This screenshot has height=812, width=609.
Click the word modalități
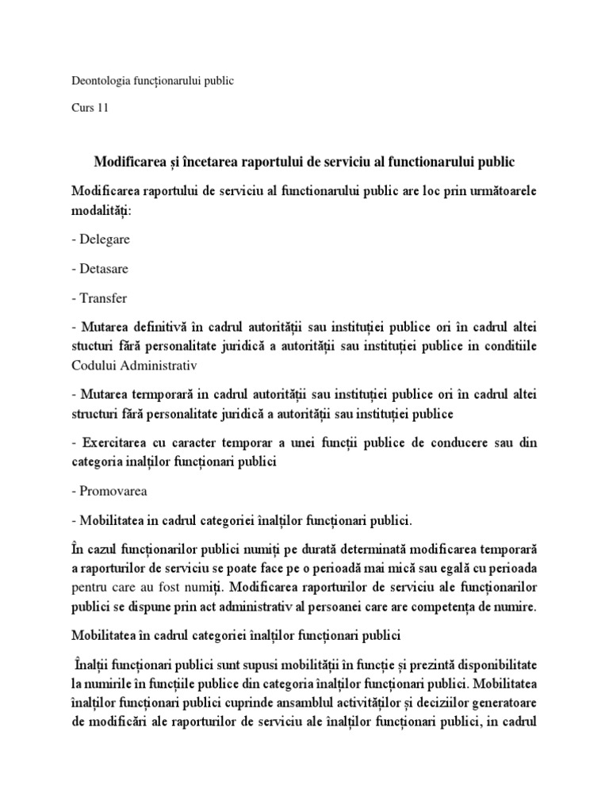click(101, 211)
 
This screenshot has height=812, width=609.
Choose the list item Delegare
click(105, 239)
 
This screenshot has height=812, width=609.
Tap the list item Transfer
click(103, 298)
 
